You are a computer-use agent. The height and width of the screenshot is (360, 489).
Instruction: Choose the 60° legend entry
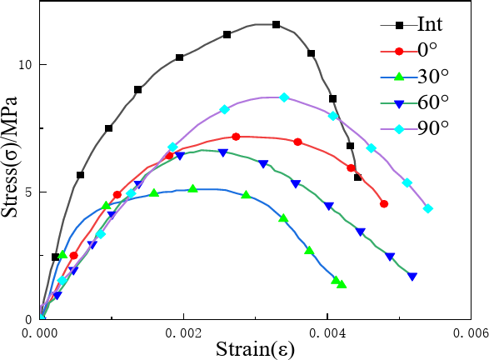(430, 102)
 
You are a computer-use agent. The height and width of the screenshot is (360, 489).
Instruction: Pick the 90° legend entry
(430, 127)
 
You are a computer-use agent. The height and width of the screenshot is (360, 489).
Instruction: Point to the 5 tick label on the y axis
(27, 192)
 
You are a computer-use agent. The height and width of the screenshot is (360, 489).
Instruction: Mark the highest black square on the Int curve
(277, 25)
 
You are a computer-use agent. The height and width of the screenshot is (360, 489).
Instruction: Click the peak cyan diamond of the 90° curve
(284, 97)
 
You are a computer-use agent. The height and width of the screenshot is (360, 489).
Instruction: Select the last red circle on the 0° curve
(384, 203)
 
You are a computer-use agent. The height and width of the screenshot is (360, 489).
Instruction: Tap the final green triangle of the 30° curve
(342, 284)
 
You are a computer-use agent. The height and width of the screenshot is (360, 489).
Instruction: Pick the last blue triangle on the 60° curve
(412, 277)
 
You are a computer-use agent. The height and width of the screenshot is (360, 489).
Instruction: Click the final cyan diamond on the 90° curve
(428, 208)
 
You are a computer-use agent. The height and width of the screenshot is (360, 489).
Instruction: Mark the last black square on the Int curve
(358, 177)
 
